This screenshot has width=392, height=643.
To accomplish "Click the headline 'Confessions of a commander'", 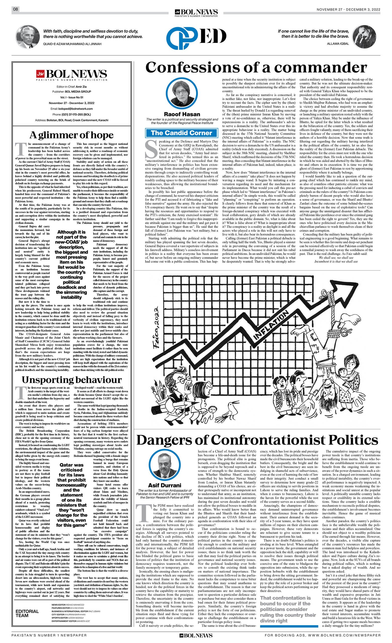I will tap(256, 68).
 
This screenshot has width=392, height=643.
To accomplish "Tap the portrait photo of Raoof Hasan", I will tap(182, 94).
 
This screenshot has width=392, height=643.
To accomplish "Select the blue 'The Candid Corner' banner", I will tap(182, 133).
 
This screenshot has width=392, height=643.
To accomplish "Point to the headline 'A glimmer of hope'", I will tap(71, 135).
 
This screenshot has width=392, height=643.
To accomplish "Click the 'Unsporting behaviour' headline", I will tap(71, 380).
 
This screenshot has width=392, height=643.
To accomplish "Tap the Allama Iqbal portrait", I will tap(364, 36).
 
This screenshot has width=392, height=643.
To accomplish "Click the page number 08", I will tap(15, 9).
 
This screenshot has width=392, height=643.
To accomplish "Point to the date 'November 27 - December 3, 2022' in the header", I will tap(349, 10).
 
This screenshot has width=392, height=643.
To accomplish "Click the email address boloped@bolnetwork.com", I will tap(75, 109).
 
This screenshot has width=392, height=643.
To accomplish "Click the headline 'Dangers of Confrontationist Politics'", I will tap(257, 440).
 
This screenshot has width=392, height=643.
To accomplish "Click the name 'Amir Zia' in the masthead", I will tap(81, 86).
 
